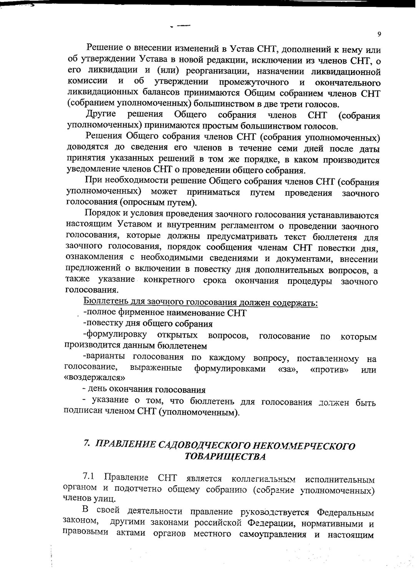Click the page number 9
(379, 34)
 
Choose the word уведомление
(89, 169)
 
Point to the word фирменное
(136, 313)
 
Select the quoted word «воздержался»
(94, 378)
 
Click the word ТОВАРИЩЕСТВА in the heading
(225, 457)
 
